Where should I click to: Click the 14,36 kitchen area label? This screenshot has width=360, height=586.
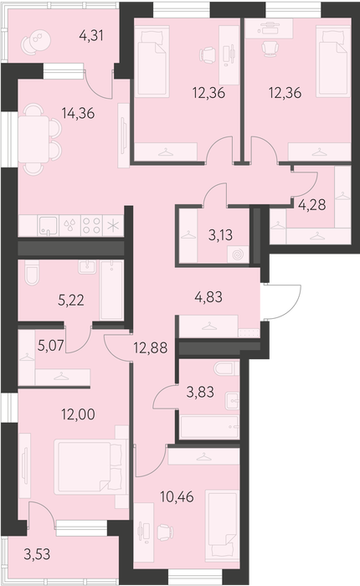click(78, 113)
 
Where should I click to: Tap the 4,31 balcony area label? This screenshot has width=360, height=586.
click(91, 35)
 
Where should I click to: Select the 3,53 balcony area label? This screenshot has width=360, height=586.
click(37, 554)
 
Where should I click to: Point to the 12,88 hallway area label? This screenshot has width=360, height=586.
click(151, 348)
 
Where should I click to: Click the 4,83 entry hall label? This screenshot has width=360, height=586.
click(208, 297)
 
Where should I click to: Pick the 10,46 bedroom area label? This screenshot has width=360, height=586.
click(177, 497)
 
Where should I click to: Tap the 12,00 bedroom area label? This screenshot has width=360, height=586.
click(78, 414)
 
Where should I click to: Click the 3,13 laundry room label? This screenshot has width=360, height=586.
click(220, 235)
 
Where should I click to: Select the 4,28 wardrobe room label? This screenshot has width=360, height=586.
click(311, 205)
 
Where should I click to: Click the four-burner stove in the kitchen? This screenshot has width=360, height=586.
click(91, 225)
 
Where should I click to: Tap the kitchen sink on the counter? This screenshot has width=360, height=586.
click(49, 225)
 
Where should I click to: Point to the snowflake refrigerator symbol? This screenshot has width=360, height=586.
click(113, 226)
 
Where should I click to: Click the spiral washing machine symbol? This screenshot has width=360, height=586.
click(238, 254)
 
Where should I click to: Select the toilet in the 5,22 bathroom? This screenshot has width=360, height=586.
click(32, 272)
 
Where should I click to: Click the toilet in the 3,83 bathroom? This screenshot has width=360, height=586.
click(227, 368)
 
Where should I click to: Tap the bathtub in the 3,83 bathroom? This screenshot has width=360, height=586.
click(209, 427)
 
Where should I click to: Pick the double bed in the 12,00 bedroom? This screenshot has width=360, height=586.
click(90, 467)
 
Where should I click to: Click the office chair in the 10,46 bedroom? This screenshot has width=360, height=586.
click(165, 532)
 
